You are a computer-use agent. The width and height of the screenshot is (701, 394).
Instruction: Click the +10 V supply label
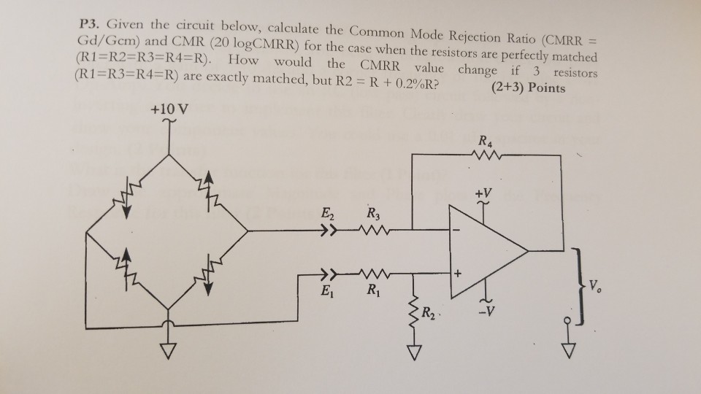point(169,110)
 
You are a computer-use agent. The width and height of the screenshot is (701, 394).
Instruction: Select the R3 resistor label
point(373,215)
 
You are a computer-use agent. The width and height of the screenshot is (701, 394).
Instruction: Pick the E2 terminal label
point(326,215)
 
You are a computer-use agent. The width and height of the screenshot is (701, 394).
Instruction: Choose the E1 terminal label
point(326,298)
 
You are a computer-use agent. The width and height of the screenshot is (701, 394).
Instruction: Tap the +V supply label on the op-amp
point(482,195)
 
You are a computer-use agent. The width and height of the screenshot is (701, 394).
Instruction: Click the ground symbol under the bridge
point(169,353)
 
